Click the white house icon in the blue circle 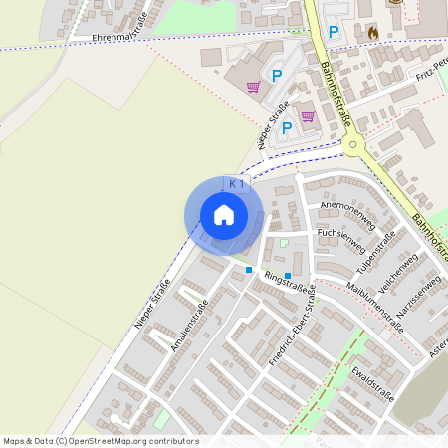(224, 215)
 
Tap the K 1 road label (237, 184)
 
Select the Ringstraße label (285, 282)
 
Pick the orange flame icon (372, 32)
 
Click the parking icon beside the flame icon (334, 32)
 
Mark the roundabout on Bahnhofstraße (352, 145)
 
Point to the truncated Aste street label (438, 343)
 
